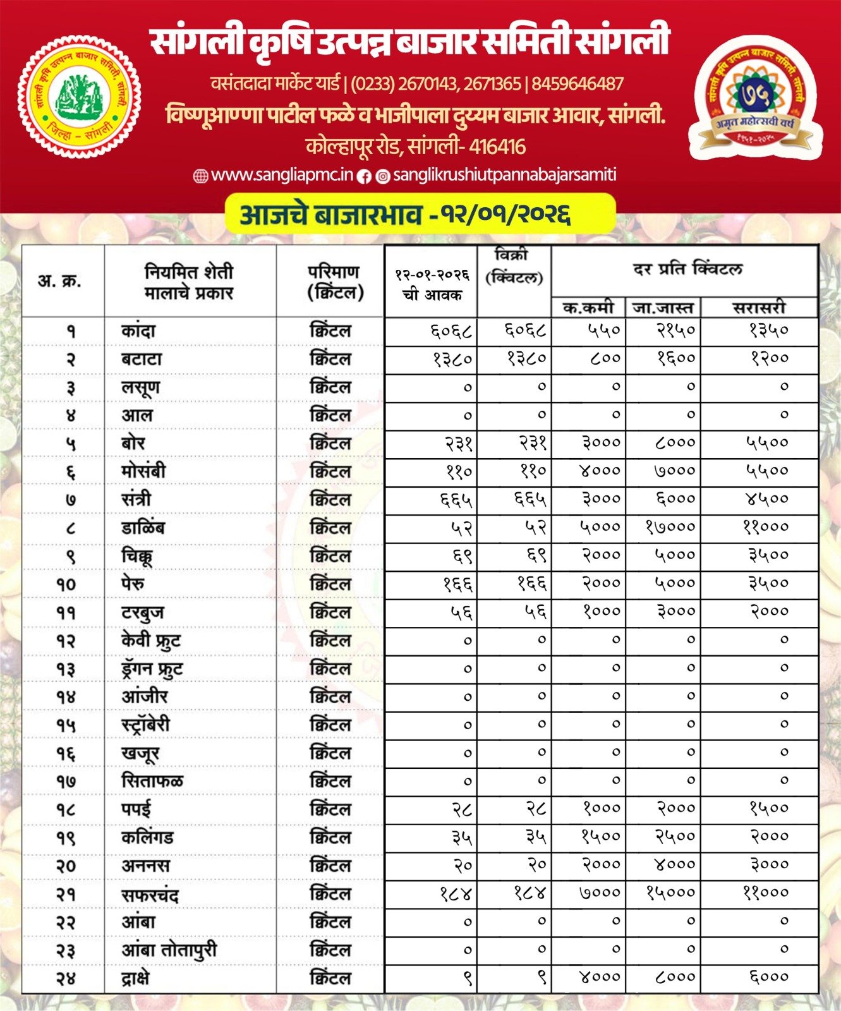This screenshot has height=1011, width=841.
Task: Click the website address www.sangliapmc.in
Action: pos(281,176)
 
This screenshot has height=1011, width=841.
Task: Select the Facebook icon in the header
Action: pos(364,176)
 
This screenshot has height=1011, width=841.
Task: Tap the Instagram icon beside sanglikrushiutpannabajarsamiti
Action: pos(383,176)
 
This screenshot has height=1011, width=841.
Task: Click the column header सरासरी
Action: pos(759,308)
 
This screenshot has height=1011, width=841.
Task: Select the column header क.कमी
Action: pos(588,308)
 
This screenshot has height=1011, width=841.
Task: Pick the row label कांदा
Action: pos(138,330)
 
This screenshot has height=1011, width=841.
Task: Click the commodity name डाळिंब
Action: pos(143,527)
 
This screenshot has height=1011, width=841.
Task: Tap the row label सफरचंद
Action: pos(150,894)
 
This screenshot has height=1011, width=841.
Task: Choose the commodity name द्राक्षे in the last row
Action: pos(136,978)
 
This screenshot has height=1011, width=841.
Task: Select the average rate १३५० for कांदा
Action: pos(769,330)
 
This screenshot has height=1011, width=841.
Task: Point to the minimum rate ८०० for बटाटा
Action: pos(605,358)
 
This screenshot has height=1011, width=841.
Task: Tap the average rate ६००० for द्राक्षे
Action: pos(769,977)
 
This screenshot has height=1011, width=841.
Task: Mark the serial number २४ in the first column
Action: pos(66,978)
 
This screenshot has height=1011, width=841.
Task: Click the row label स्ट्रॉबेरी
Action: pos(145,725)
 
